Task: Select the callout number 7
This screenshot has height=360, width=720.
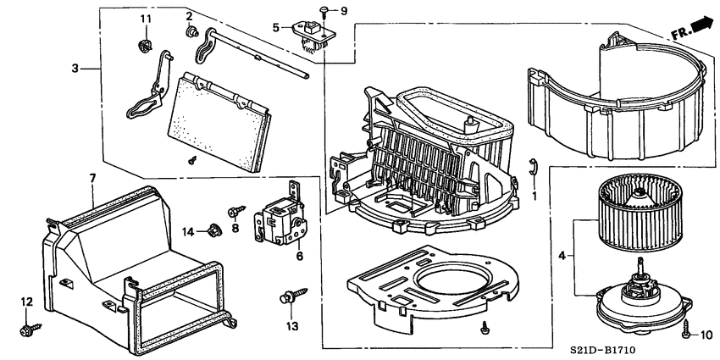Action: tap(93, 178)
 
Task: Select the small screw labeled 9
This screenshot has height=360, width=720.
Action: tap(325, 10)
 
